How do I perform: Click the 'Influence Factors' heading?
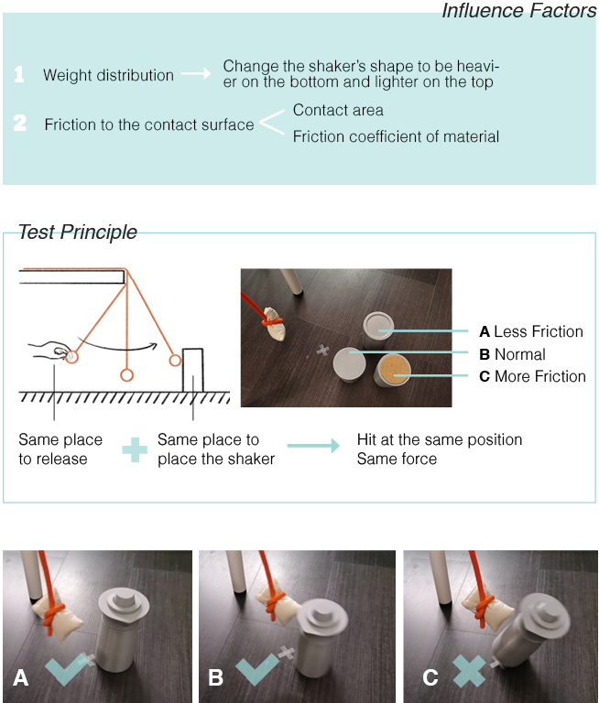(519, 11)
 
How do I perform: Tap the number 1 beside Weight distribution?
(19, 74)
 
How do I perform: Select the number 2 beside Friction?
(20, 123)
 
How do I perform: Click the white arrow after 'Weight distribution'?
(196, 73)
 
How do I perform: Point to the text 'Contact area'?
(338, 110)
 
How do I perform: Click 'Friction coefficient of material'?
(396, 136)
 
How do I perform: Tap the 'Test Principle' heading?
(77, 232)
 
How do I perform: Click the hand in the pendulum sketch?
(49, 350)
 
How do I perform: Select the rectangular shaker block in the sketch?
(193, 370)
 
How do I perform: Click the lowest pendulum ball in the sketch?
(127, 374)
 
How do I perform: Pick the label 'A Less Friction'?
(531, 331)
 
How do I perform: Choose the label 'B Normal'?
(512, 354)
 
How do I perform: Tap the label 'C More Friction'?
(532, 376)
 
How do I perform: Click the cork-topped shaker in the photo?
(393, 370)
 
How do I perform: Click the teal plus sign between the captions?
(135, 449)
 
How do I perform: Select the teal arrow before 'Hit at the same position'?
(313, 446)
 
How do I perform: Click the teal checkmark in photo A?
(66, 669)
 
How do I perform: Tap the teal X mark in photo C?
(469, 671)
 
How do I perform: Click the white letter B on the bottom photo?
(216, 677)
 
